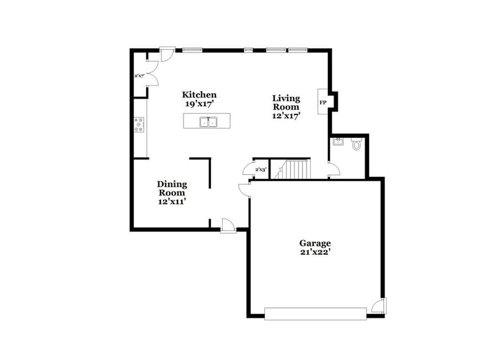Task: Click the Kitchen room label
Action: (199, 95)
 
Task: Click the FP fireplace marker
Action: (322, 102)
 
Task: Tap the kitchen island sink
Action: (208, 122)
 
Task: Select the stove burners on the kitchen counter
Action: (140, 126)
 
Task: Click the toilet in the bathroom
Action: (357, 145)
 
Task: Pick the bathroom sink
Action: (337, 142)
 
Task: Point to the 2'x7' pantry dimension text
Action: (139, 77)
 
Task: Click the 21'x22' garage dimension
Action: (315, 252)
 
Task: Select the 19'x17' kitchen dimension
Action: (199, 104)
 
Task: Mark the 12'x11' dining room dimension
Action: (172, 201)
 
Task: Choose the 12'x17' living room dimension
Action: (286, 116)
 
